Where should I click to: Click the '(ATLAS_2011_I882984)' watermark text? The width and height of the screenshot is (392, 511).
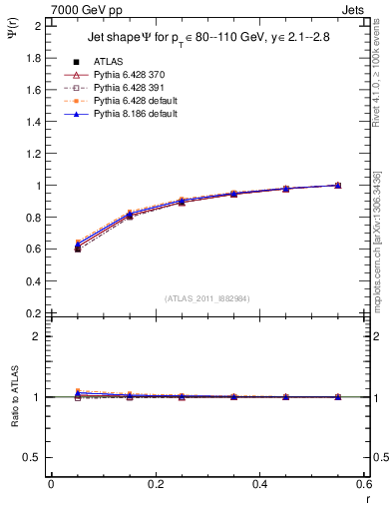207,297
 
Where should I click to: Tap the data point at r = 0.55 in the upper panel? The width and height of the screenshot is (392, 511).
338,186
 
